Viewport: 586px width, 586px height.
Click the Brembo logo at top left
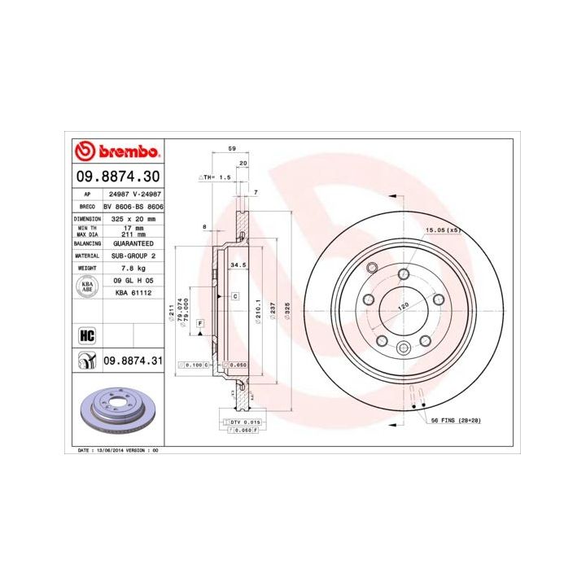pyautogui.click(x=118, y=151)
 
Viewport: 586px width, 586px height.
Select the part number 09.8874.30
pyautogui.click(x=118, y=175)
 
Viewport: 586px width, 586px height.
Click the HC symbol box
pyautogui.click(x=87, y=333)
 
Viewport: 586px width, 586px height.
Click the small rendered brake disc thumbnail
pyautogui.click(x=118, y=410)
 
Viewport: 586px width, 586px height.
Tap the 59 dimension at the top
pyautogui.click(x=232, y=149)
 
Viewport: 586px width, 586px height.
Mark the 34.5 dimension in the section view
pyautogui.click(x=238, y=265)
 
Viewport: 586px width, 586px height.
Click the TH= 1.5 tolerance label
pyautogui.click(x=216, y=177)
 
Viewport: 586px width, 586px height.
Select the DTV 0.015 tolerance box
pyautogui.click(x=246, y=422)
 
